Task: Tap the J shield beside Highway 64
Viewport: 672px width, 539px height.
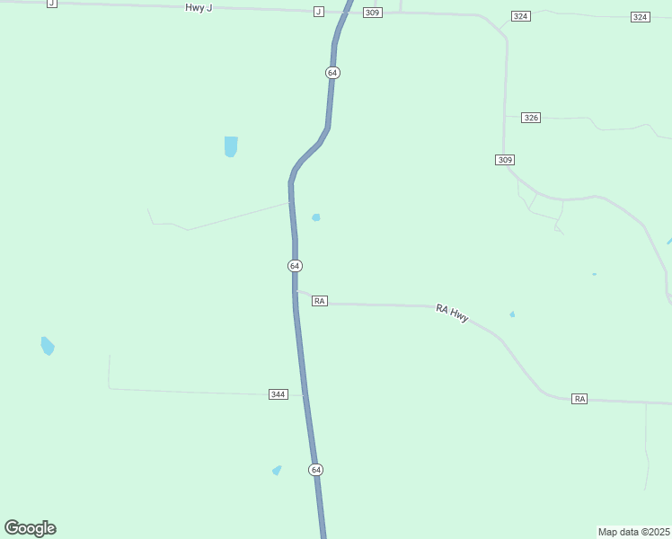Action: (318, 12)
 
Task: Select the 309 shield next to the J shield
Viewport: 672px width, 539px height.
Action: (373, 13)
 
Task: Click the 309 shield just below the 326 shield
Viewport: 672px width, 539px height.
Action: (504, 159)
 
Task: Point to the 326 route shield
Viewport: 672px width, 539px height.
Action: (531, 118)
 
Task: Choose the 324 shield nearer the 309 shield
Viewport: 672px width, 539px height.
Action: (520, 17)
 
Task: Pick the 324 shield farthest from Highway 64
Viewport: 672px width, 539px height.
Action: (640, 17)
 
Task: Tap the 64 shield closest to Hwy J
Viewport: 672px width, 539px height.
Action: (332, 72)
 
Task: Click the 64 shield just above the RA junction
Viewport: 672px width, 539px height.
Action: (295, 266)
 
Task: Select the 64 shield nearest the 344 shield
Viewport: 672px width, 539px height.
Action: (315, 470)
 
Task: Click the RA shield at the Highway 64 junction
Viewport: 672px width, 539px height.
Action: (320, 301)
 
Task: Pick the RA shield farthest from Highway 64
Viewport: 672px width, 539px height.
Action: (579, 398)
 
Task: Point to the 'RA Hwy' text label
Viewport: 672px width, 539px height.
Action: (452, 314)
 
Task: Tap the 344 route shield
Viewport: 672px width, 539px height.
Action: (279, 394)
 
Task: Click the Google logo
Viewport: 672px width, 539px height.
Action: (30, 528)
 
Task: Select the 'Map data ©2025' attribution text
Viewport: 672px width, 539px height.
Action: (633, 531)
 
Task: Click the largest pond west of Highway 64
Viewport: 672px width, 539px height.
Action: (231, 146)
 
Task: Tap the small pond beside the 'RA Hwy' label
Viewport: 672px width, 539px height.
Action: (512, 314)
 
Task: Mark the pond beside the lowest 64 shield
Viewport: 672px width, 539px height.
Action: (277, 470)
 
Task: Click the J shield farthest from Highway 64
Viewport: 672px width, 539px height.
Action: (51, 4)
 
